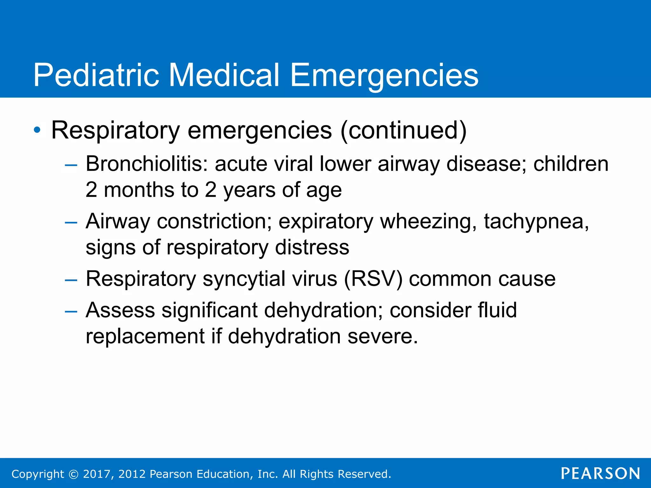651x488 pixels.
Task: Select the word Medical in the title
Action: (224, 75)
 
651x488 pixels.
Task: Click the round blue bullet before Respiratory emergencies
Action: (37, 130)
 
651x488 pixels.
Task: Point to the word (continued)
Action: (403, 130)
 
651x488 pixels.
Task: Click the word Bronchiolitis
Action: (147, 164)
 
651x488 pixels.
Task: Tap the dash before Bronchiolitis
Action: (71, 165)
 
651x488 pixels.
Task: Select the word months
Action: (139, 190)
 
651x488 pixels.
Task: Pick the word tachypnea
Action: (536, 222)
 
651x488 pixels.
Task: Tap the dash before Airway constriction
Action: (71, 223)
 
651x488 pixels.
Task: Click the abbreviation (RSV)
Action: (373, 279)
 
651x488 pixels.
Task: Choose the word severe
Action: (382, 336)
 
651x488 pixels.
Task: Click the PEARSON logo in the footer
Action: (600, 473)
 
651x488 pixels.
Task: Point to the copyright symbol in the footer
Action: (73, 474)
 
